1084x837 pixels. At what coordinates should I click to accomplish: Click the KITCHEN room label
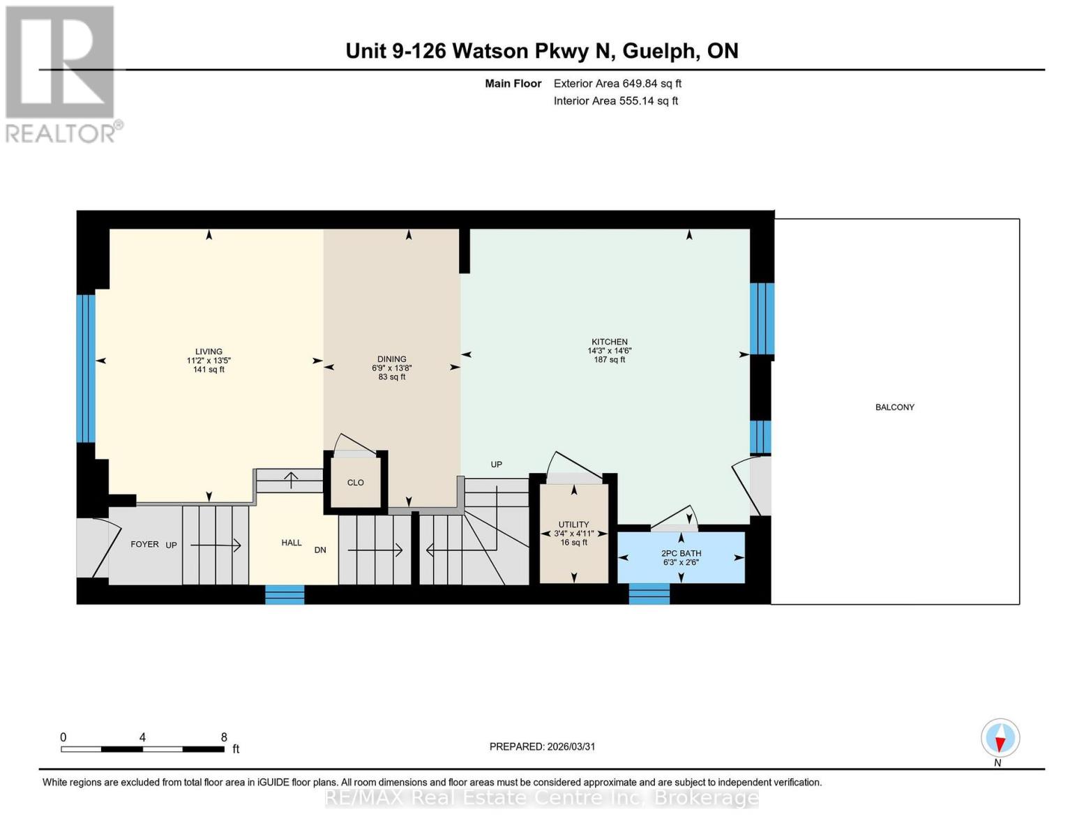pos(609,342)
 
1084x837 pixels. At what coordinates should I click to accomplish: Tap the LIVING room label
pos(209,352)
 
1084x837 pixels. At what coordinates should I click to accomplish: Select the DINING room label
pos(391,359)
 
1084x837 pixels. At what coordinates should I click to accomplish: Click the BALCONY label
pos(894,407)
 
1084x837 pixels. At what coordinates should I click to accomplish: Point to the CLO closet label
pos(355,483)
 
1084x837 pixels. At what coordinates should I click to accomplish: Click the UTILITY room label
pos(573,525)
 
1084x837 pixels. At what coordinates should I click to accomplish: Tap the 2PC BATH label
pos(681,553)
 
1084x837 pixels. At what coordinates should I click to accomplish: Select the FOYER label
pos(144,544)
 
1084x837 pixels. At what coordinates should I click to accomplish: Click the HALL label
pos(292,543)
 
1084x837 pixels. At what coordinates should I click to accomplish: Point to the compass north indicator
pos(1000,738)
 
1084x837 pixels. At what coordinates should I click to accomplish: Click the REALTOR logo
pos(61,73)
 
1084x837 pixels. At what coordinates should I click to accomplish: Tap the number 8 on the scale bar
pos(224,737)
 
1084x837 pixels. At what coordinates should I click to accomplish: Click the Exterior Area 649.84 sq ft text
pos(617,84)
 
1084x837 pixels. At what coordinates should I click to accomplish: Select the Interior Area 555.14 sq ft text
pos(615,101)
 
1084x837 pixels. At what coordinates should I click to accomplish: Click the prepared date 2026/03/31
pos(571,746)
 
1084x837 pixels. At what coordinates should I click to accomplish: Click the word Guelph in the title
pos(658,51)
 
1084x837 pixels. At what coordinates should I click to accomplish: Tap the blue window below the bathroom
pos(649,594)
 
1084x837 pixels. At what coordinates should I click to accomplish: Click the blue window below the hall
pos(285,594)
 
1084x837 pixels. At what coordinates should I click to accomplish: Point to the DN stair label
pos(320,550)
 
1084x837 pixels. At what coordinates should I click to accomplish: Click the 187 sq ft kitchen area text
pos(609,360)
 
